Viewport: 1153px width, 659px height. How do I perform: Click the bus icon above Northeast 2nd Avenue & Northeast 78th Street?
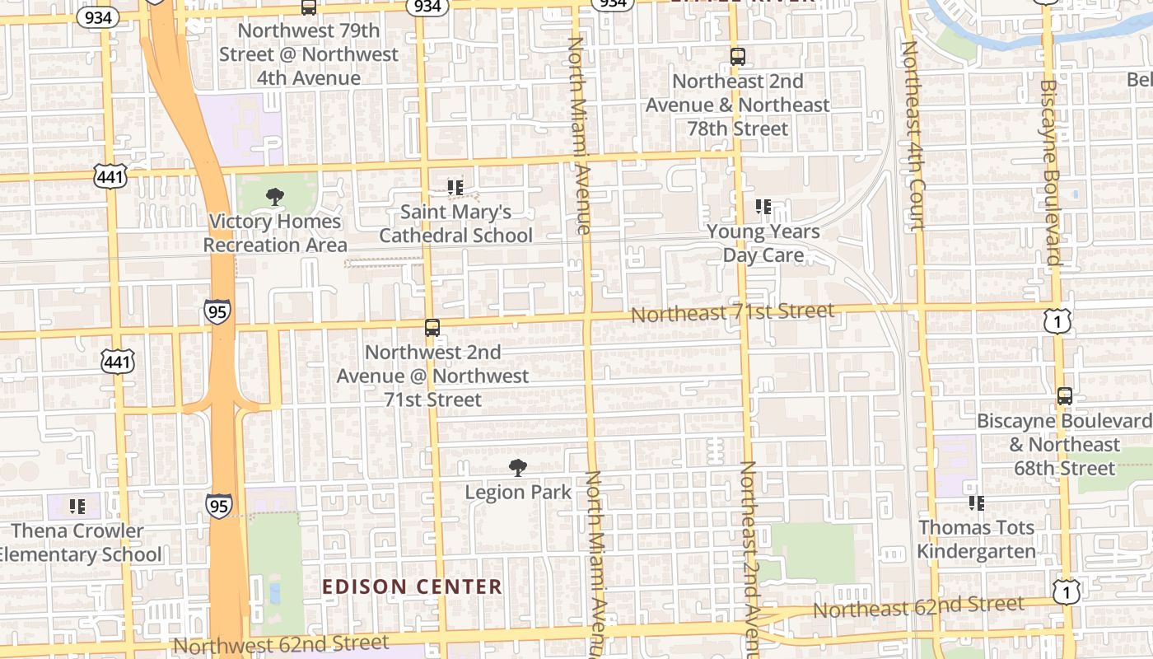click(737, 57)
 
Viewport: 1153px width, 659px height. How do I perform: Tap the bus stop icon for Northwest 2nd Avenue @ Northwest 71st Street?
click(432, 328)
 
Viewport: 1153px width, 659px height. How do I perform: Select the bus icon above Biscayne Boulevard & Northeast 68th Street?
click(1064, 396)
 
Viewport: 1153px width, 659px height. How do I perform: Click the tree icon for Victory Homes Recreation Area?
click(275, 197)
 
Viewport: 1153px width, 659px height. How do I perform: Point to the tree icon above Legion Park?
click(517, 468)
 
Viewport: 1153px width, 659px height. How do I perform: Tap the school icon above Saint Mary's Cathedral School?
click(455, 188)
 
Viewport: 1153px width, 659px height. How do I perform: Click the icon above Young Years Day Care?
click(763, 207)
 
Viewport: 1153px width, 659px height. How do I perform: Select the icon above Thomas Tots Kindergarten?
click(977, 502)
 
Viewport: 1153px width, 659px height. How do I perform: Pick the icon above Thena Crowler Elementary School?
click(77, 506)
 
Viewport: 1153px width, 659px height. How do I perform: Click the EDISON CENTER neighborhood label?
click(412, 587)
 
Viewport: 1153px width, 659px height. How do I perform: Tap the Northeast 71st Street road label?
click(732, 313)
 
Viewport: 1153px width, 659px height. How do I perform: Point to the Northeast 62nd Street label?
click(918, 607)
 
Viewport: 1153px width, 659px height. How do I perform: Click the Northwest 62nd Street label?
click(281, 643)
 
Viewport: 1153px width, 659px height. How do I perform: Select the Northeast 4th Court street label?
click(913, 136)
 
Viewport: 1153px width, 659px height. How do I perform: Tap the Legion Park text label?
click(517, 493)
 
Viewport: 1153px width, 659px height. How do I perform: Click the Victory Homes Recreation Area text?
click(275, 233)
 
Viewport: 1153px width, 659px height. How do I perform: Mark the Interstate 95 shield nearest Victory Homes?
click(217, 311)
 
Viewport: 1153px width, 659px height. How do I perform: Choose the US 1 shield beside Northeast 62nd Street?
click(1066, 590)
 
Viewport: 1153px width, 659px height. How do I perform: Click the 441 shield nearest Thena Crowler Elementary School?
click(117, 361)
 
